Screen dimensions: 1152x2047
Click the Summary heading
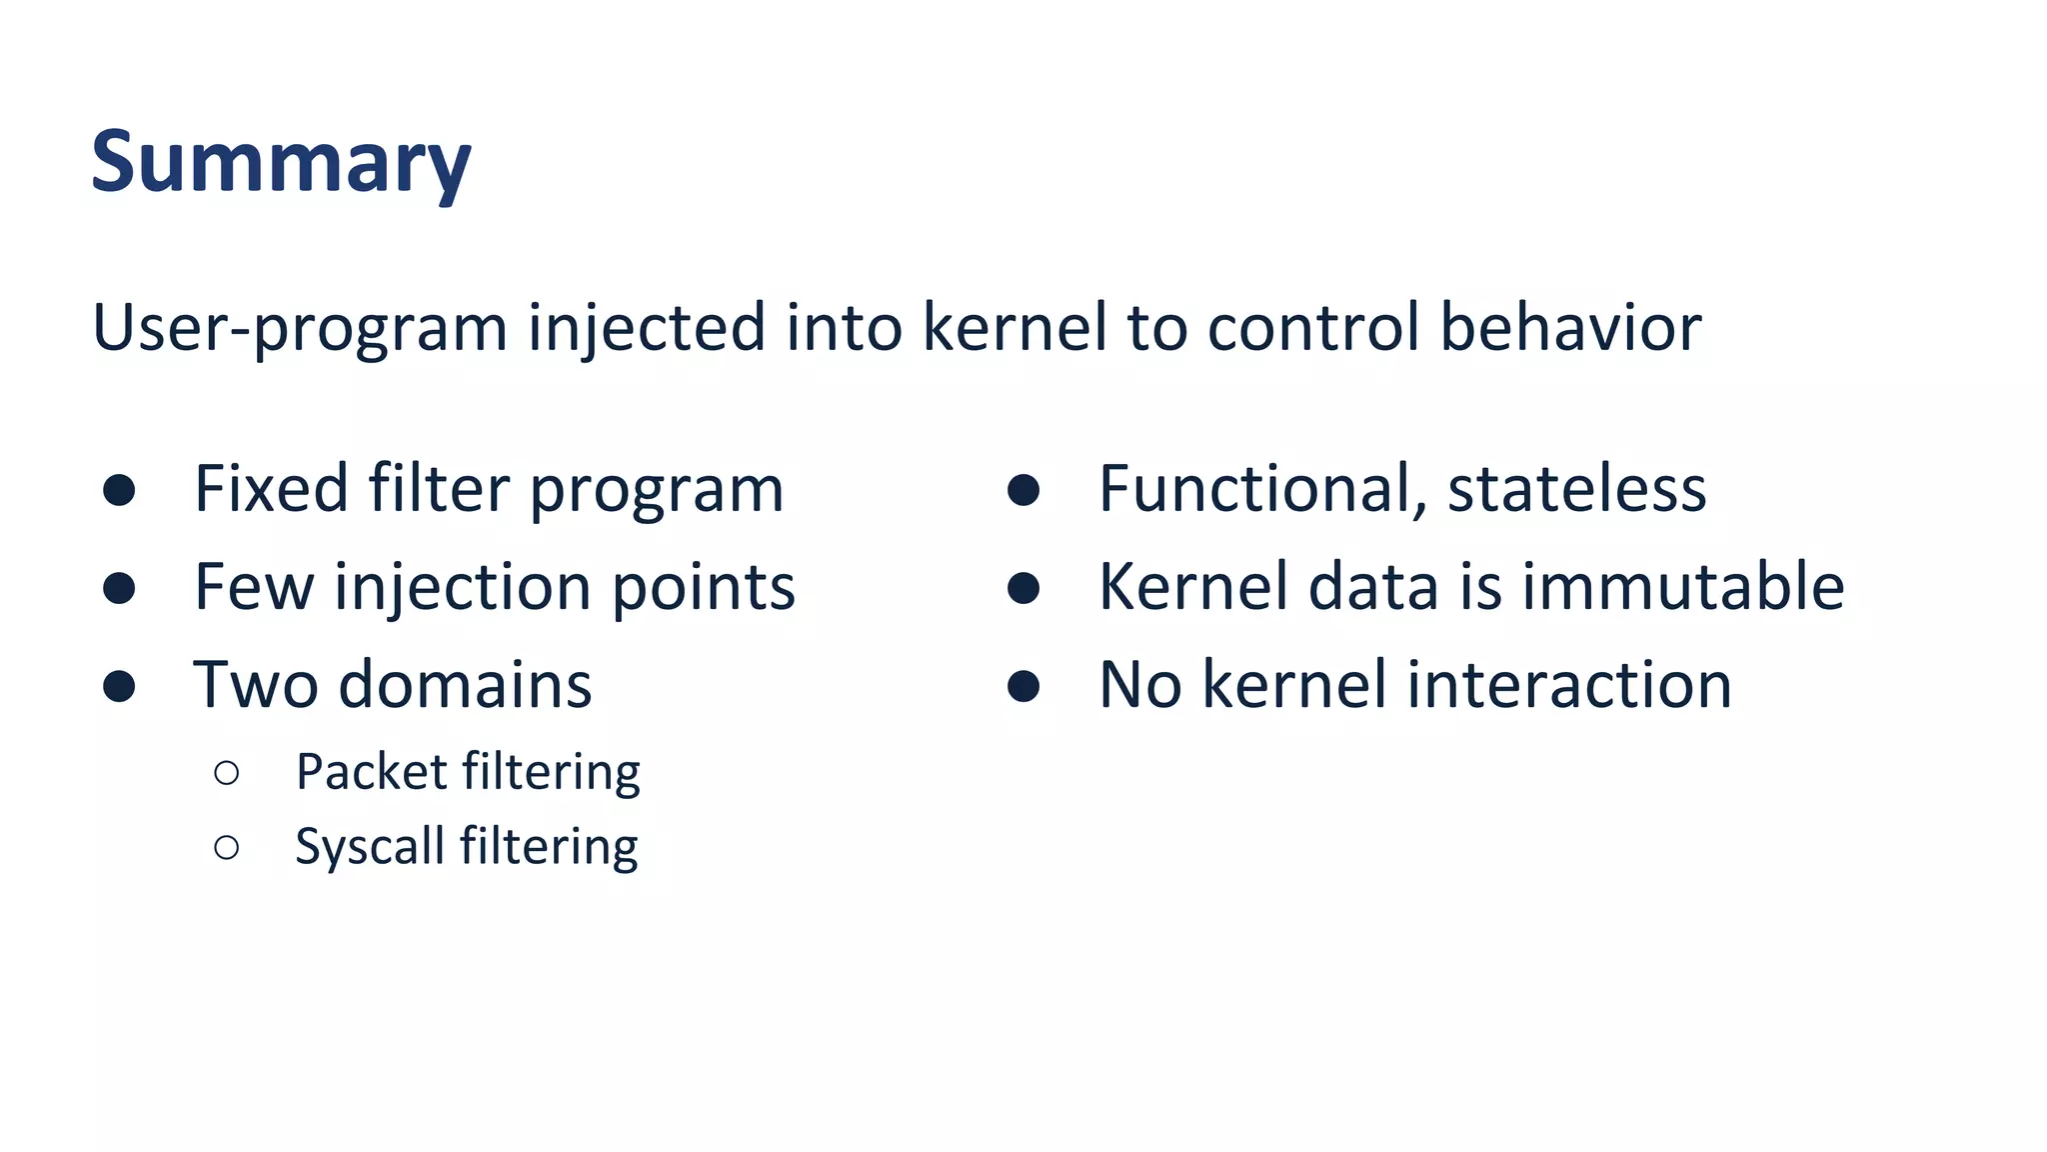point(280,162)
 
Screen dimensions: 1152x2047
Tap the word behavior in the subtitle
point(1570,327)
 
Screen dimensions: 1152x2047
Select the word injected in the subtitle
point(646,328)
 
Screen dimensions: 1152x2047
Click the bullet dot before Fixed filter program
point(119,490)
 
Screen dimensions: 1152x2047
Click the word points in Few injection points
point(703,587)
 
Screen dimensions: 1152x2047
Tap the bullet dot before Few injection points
point(119,588)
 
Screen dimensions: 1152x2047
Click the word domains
point(465,685)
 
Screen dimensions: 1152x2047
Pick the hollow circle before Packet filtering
point(227,772)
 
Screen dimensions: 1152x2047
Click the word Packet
point(371,772)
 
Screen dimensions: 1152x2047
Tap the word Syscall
point(369,847)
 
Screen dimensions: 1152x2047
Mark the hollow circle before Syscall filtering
point(227,848)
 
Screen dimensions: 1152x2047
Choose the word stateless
point(1576,489)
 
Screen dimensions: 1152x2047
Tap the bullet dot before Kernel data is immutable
point(1023,588)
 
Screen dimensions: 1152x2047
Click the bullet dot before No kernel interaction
point(1023,686)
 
